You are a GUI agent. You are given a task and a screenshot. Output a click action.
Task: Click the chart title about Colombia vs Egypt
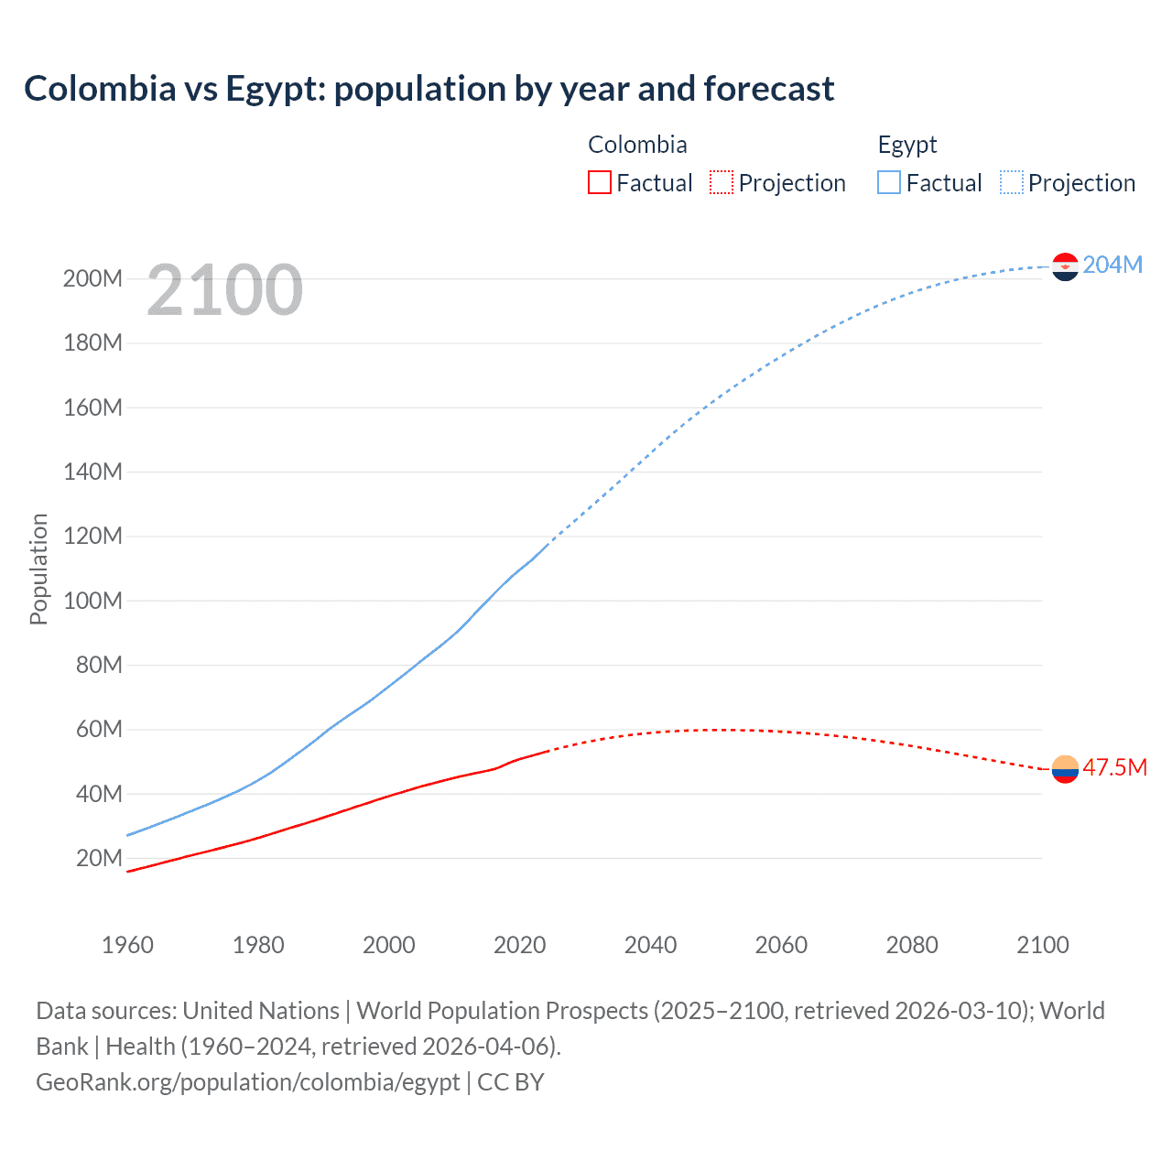(x=429, y=89)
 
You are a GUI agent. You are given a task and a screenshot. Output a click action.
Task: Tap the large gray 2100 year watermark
(x=224, y=290)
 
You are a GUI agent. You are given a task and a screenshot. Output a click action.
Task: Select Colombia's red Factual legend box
(x=599, y=182)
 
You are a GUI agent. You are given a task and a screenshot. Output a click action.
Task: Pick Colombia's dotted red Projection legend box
(x=722, y=182)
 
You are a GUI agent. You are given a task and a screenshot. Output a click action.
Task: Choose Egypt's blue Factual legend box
(x=889, y=182)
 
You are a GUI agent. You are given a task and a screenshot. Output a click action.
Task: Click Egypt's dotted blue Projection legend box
(x=1012, y=182)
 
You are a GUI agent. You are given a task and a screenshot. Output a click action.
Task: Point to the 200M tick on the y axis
(x=92, y=278)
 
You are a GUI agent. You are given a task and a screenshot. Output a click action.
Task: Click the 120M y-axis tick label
(x=92, y=536)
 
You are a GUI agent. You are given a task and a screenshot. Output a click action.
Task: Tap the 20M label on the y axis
(x=99, y=858)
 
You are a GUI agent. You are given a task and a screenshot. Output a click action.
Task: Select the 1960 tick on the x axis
(x=127, y=945)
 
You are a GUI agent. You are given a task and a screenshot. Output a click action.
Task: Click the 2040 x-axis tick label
(x=650, y=945)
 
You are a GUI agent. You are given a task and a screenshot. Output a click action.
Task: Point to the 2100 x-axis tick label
(x=1042, y=945)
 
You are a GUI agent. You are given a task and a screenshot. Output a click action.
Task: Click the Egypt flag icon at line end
(x=1065, y=266)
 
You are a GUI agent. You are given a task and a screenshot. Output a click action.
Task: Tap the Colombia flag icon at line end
(x=1065, y=769)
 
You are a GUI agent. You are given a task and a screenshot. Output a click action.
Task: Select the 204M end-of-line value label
(x=1112, y=265)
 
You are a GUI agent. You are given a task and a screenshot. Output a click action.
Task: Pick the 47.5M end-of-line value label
(x=1114, y=767)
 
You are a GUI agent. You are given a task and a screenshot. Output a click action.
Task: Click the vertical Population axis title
(x=38, y=569)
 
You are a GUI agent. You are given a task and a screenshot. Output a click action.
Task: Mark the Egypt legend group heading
(x=906, y=145)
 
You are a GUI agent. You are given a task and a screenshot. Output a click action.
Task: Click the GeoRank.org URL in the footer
(x=247, y=1081)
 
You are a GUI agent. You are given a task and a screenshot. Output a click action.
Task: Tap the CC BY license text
(x=511, y=1081)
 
